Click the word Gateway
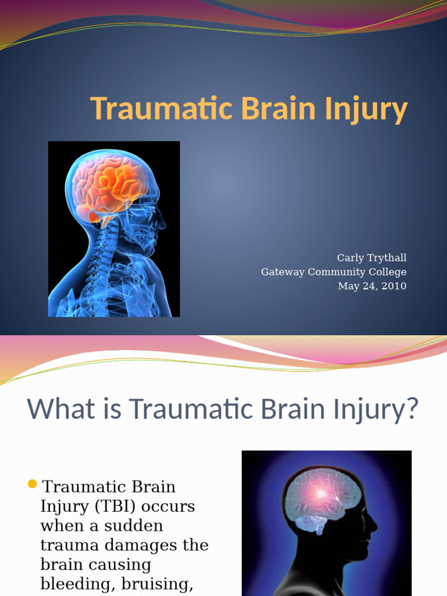(x=283, y=272)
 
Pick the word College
(x=387, y=272)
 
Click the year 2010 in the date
(x=394, y=286)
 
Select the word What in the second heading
(x=61, y=409)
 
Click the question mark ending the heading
(x=411, y=409)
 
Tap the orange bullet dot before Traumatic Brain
(x=33, y=484)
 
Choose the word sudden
(x=133, y=526)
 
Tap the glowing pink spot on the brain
(x=321, y=494)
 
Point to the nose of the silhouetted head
(x=374, y=526)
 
